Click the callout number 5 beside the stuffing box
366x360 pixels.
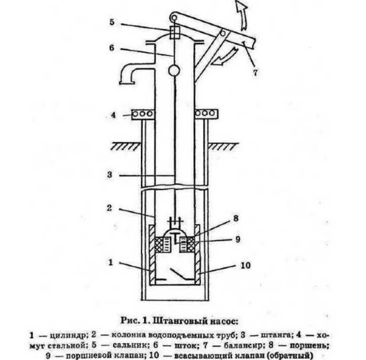(112, 22)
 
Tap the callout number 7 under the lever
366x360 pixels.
(255, 73)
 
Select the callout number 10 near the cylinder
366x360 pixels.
(245, 265)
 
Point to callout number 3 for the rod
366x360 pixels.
(110, 175)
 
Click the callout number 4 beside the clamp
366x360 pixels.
(113, 115)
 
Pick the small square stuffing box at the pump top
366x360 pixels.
(174, 32)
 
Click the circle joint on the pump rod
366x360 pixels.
(174, 71)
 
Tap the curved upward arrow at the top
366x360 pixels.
(241, 15)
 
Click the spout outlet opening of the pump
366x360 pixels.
(127, 82)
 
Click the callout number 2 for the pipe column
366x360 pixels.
(109, 208)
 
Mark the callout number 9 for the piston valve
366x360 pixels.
(237, 239)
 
